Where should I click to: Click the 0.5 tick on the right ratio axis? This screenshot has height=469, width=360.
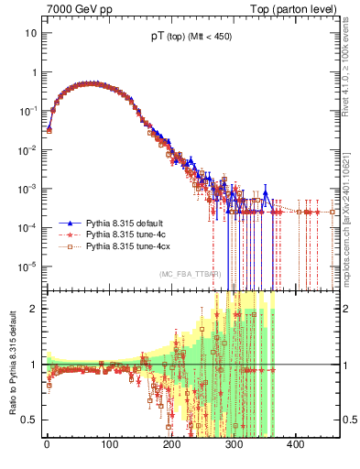pos(349,420)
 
